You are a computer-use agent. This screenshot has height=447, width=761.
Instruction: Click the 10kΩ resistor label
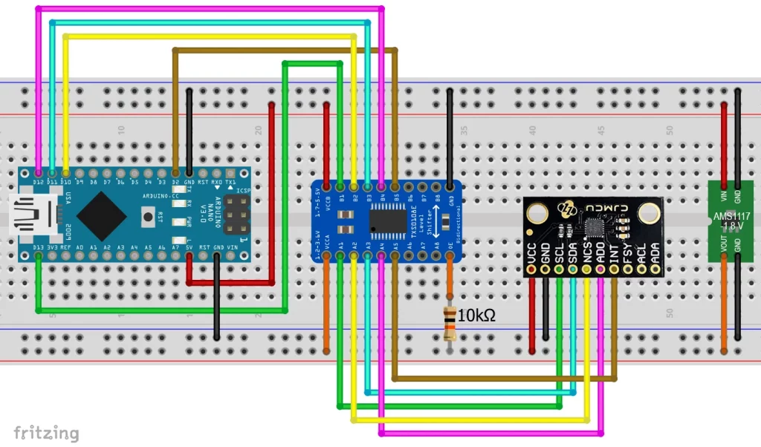tap(476, 316)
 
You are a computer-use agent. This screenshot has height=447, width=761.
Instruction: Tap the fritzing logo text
tap(46, 432)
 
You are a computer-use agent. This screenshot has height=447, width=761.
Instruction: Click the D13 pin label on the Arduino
tap(39, 247)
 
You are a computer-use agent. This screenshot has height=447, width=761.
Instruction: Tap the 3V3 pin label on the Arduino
tap(53, 247)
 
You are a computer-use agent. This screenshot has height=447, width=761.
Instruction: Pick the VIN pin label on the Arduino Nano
tap(232, 247)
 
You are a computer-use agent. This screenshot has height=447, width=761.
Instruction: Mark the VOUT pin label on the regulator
tap(723, 242)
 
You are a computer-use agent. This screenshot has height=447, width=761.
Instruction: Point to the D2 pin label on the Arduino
tap(175, 182)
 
